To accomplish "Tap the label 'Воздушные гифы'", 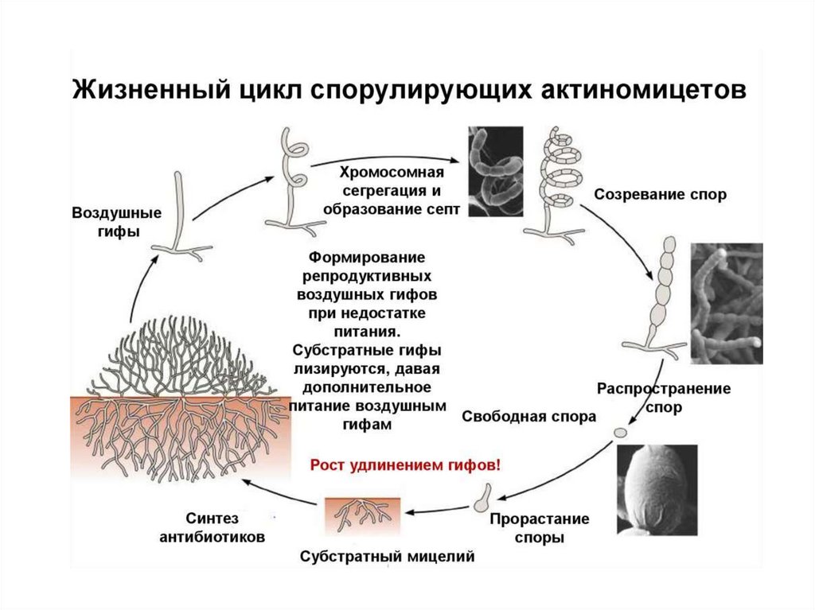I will [106, 223].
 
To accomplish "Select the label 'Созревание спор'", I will [660, 195].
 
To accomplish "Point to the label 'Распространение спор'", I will [663, 398].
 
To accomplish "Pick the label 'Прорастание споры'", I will [539, 528].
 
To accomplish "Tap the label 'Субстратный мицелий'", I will [387, 556].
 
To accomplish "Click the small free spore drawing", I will [621, 431].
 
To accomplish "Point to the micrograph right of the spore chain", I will [726, 303].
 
